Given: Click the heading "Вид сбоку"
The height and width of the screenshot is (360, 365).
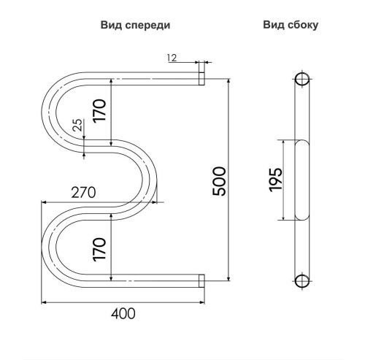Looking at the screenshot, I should coord(291,24).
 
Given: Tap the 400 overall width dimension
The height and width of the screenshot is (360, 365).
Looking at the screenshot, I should coord(124,313).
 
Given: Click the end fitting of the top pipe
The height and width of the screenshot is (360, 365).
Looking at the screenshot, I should coord(201,75).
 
